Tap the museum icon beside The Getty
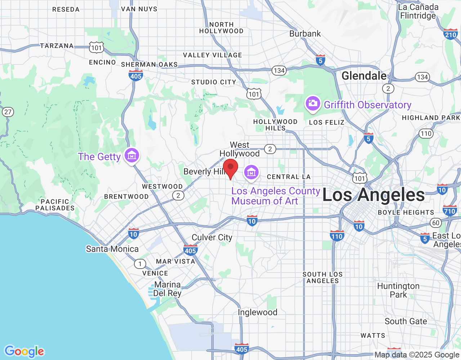coord(132,156)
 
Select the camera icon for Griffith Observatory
coord(313,104)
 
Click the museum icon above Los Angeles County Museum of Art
coord(251,172)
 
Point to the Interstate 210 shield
coord(451,34)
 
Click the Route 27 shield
coord(8,112)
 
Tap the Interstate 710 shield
coord(449,211)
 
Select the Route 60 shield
coord(436,222)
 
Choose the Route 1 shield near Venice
coord(140,264)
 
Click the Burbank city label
coord(305,34)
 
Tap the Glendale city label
coord(364,76)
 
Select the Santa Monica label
coord(112,249)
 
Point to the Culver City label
coord(212,237)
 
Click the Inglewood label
coord(258,312)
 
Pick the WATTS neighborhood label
coord(373,336)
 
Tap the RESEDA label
coord(66,9)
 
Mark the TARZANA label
coord(57,46)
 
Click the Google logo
coord(24,351)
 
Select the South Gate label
coord(406,321)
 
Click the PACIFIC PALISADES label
coord(55,204)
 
